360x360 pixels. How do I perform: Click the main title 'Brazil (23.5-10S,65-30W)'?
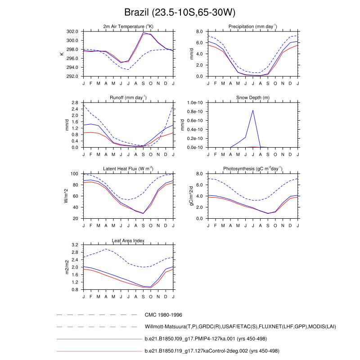coord(180,11)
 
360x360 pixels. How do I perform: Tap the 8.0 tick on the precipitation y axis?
coord(200,31)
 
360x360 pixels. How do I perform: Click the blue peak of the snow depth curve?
coord(253,110)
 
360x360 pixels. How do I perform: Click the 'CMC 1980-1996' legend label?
coord(163,315)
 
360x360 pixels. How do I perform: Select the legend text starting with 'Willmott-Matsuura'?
coord(241,327)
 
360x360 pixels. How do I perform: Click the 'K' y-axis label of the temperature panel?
coord(62,54)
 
